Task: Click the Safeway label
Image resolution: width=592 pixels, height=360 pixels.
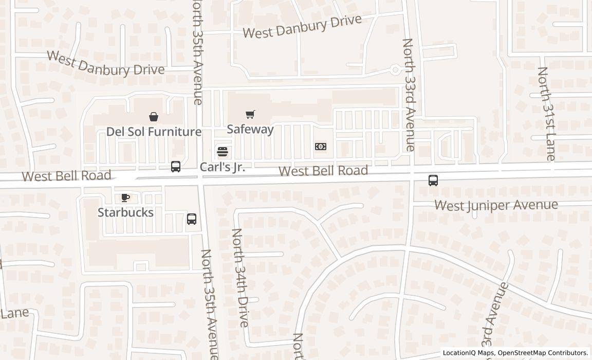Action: [250, 129]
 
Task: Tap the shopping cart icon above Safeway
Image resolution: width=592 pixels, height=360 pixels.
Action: [250, 114]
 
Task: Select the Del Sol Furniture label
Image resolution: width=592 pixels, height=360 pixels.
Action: [154, 132]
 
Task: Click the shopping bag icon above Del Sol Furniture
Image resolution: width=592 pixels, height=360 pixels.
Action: [153, 117]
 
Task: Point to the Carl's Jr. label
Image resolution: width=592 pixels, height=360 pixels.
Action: [222, 167]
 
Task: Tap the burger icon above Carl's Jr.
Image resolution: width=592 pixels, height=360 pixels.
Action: [222, 152]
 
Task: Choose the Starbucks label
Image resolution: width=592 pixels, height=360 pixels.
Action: [125, 212]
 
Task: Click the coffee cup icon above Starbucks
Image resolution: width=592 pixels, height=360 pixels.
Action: [125, 197]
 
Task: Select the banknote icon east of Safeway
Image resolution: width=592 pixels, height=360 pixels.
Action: [320, 147]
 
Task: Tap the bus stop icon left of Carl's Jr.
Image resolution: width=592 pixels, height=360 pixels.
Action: [175, 166]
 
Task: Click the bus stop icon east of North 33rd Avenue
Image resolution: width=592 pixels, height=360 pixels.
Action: [433, 180]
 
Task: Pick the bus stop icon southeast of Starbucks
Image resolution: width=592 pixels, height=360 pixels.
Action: [191, 219]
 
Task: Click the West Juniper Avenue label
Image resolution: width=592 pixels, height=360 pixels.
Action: [496, 205]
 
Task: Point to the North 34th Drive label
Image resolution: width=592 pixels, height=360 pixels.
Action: [240, 278]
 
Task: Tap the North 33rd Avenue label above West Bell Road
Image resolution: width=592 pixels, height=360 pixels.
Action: [409, 95]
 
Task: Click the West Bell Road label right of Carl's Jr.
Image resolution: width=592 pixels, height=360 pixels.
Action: [323, 170]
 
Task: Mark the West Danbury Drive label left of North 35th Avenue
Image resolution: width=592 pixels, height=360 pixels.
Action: [106, 63]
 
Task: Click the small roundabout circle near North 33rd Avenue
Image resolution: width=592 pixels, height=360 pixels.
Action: [395, 69]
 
